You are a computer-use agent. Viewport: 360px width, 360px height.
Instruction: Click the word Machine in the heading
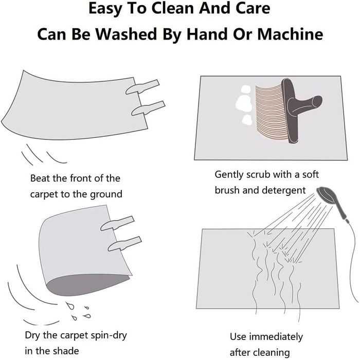click(x=290, y=34)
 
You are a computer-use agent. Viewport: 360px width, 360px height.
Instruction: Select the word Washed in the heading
click(x=127, y=34)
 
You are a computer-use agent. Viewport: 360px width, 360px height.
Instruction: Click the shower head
click(x=326, y=195)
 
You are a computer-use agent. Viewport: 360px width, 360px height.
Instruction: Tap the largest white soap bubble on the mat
click(x=243, y=103)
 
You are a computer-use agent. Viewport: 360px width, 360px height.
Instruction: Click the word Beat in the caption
click(x=40, y=178)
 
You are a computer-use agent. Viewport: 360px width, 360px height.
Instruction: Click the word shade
click(x=67, y=351)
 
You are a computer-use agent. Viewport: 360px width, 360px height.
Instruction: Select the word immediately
click(x=276, y=337)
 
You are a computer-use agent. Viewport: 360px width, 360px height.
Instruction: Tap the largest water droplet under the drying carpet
click(x=70, y=305)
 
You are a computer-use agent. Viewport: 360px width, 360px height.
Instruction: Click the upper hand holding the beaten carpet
click(x=142, y=87)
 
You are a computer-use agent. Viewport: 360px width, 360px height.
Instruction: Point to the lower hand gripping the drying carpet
click(x=124, y=243)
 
